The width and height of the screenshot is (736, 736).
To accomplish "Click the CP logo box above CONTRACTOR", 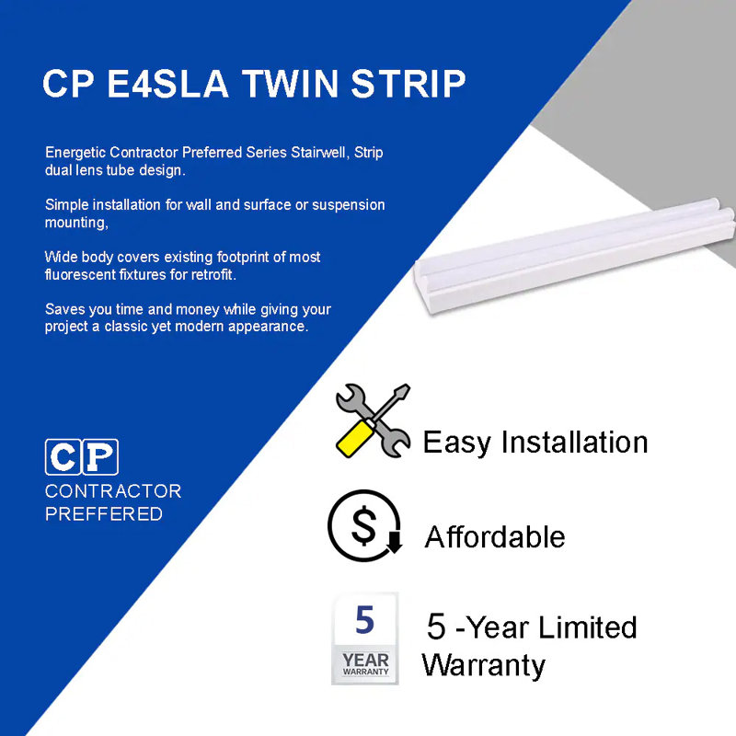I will [x=82, y=457].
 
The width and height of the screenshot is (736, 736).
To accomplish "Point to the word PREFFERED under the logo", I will [x=103, y=513].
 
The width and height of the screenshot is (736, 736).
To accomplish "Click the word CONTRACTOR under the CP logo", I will [x=113, y=491].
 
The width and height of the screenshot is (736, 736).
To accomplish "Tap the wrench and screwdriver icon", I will [x=373, y=420].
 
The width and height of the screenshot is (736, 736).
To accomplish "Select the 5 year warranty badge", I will [x=365, y=638].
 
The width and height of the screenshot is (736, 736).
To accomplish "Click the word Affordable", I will [x=495, y=536].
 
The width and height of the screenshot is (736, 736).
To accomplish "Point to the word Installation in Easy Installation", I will [x=575, y=442].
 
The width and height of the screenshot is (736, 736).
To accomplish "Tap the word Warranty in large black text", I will [x=483, y=664].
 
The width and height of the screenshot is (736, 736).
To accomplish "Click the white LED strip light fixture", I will [x=575, y=253].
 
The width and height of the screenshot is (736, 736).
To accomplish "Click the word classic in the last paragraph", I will [x=190, y=327].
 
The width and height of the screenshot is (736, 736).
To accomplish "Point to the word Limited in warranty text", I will [x=588, y=628].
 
